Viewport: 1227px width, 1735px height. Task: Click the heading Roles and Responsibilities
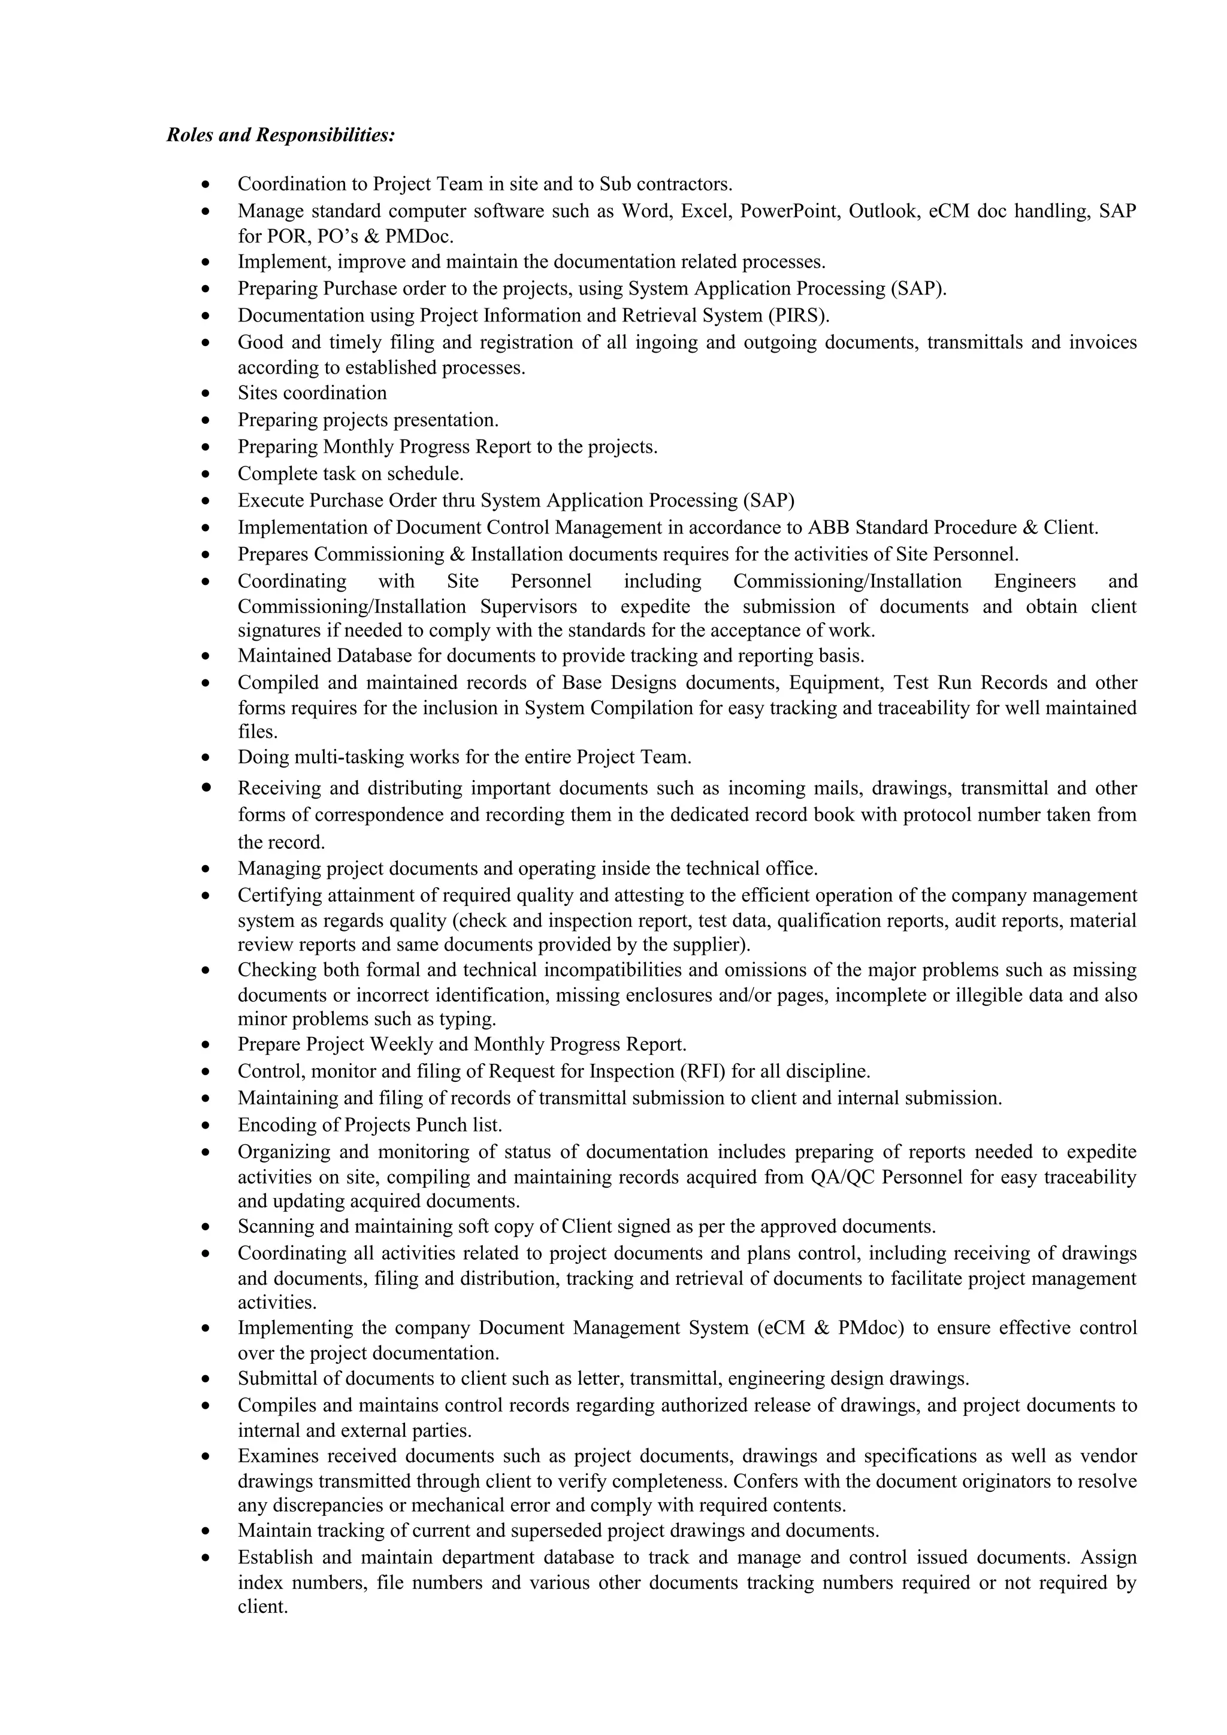click(280, 136)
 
